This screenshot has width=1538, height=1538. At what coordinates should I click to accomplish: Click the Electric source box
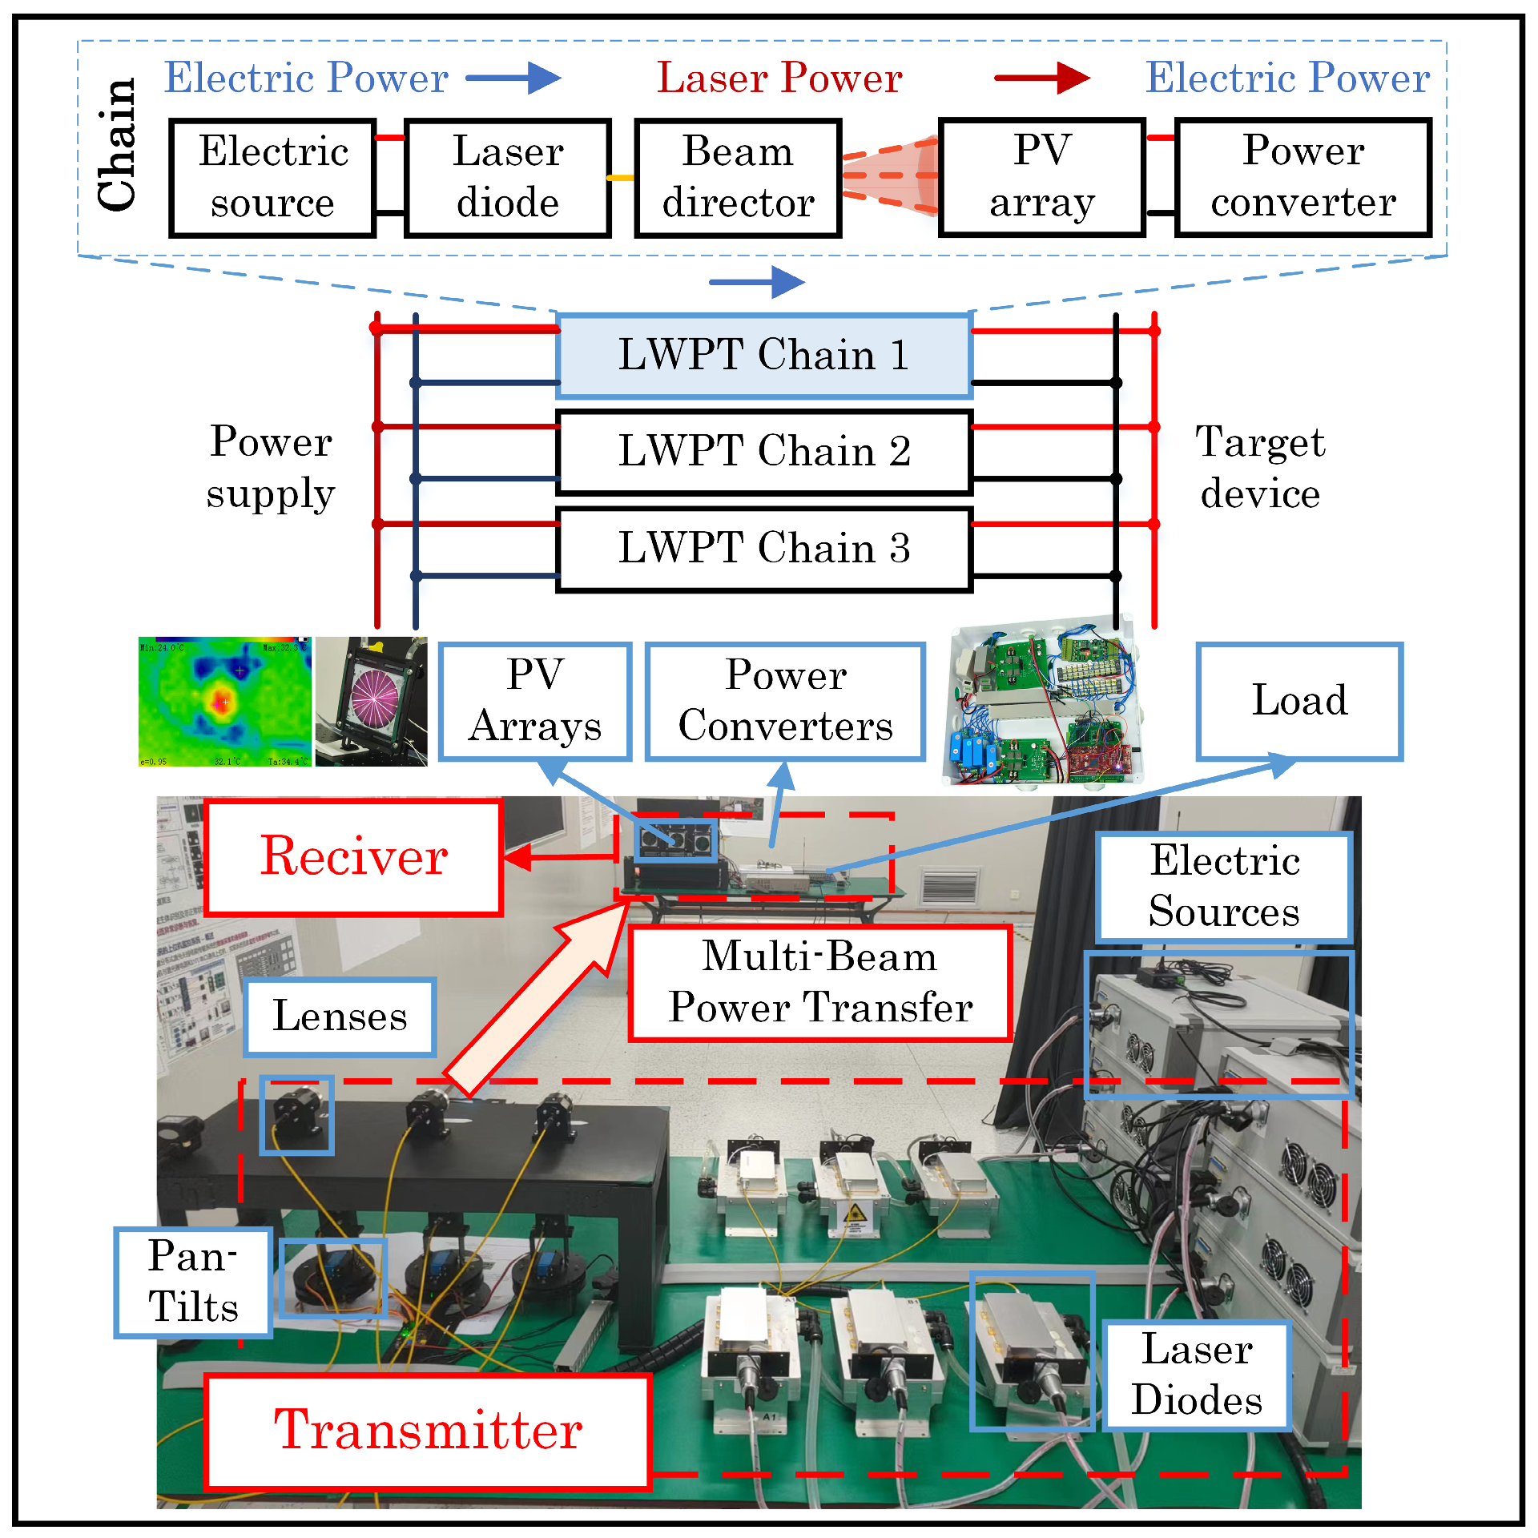click(272, 178)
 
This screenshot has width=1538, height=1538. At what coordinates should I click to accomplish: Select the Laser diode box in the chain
click(508, 178)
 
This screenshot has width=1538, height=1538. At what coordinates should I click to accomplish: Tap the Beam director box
click(738, 178)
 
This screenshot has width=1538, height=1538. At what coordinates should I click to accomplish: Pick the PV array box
click(1041, 178)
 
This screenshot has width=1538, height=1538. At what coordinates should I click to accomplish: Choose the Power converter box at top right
click(1302, 178)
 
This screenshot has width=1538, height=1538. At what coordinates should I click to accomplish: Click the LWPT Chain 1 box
click(764, 356)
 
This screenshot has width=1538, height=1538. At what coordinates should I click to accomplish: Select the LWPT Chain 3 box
click(764, 550)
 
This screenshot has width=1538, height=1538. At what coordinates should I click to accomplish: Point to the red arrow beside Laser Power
click(1041, 78)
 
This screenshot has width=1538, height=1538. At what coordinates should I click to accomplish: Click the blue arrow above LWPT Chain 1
click(756, 282)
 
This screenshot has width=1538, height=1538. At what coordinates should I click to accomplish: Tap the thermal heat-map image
click(224, 702)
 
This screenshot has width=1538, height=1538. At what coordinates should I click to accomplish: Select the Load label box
click(1299, 701)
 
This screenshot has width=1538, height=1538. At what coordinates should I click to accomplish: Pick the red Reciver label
click(353, 857)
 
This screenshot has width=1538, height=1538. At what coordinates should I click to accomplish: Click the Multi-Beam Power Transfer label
click(820, 983)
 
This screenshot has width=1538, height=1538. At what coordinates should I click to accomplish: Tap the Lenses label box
click(340, 1017)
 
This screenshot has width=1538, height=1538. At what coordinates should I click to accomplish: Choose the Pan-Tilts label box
click(193, 1282)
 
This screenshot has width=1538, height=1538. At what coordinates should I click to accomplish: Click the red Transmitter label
click(428, 1431)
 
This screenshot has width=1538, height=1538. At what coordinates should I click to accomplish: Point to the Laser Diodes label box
click(1197, 1375)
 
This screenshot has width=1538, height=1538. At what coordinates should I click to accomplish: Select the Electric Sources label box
click(1224, 887)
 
